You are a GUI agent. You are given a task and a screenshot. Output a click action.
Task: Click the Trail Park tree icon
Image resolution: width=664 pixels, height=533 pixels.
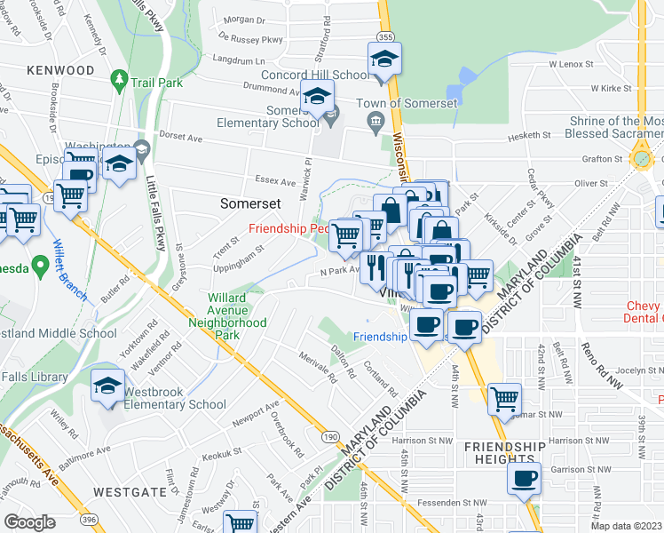click(119, 81)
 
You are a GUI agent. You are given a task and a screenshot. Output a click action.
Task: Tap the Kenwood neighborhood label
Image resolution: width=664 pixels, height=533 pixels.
click(60, 69)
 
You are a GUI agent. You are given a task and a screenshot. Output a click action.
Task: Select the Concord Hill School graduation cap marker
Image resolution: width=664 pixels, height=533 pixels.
click(384, 60)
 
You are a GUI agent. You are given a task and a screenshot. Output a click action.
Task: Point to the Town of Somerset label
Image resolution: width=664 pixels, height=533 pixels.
click(407, 103)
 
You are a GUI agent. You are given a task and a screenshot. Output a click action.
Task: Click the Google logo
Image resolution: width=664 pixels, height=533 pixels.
click(29, 522)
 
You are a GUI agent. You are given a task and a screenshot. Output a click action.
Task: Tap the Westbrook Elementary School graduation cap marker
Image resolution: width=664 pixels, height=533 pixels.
click(107, 386)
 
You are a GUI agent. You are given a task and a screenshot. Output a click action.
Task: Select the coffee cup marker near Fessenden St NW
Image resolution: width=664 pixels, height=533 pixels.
click(524, 478)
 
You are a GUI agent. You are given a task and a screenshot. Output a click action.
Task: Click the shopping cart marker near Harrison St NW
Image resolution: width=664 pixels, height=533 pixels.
click(504, 399)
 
